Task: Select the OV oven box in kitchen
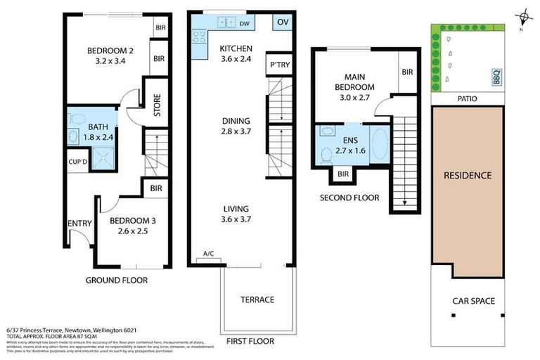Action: [283, 22]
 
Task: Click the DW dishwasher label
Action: [244, 23]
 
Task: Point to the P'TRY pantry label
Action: [278, 65]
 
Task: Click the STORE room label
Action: [157, 105]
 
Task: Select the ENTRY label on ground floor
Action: [79, 224]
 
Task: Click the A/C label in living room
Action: [209, 254]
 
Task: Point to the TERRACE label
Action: [257, 300]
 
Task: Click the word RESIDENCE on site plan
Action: [467, 175]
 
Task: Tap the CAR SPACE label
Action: [473, 301]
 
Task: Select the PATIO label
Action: [467, 99]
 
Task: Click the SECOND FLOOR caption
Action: [349, 198]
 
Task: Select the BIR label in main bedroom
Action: [407, 72]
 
